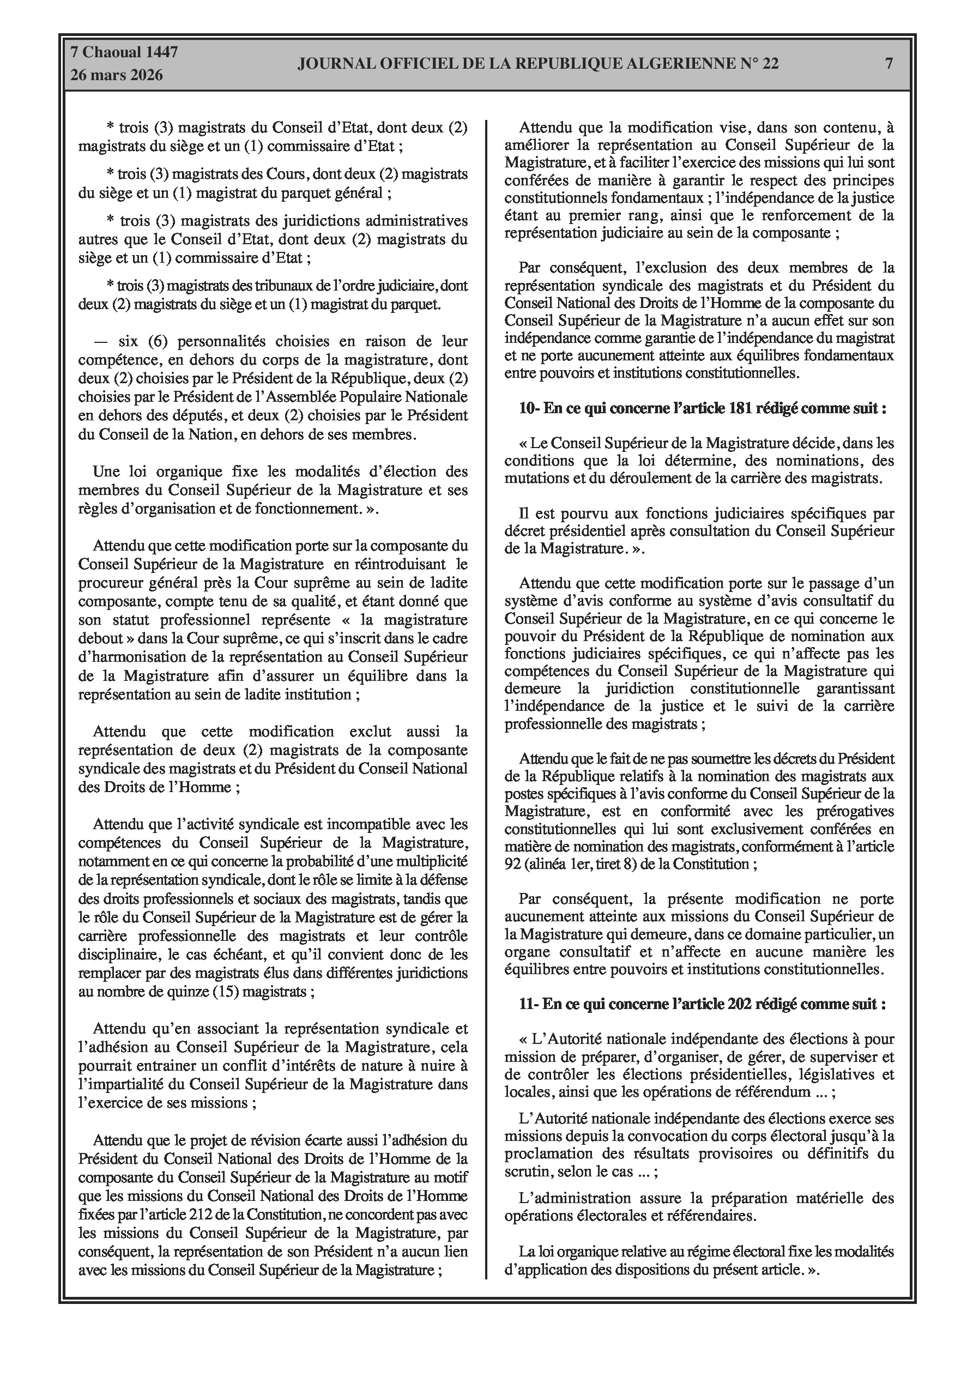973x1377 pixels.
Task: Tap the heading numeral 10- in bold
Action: (530, 408)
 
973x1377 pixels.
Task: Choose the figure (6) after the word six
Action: (153, 341)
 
